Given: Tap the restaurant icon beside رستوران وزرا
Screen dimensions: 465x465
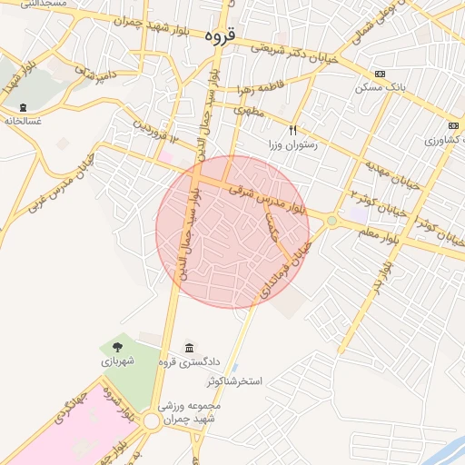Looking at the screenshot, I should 292,129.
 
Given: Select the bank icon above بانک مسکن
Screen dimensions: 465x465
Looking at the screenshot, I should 380,74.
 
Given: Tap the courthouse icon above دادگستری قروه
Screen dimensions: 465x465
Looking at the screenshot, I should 189,349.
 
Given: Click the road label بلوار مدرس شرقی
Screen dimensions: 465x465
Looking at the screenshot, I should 277,197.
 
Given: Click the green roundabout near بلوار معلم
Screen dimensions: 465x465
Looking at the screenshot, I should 331,221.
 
